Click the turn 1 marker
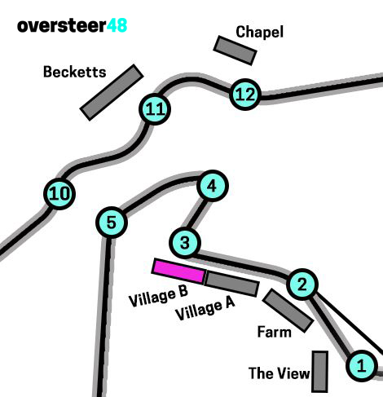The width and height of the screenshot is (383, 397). [361, 365]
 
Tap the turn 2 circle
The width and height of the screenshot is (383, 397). [302, 285]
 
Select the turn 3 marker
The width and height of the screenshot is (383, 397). [185, 242]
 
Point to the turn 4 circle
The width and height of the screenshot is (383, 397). [212, 186]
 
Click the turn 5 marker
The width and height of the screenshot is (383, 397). [112, 222]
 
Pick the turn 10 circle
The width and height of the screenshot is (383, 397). [59, 194]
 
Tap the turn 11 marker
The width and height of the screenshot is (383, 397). [155, 109]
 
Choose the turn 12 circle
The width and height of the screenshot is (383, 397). [245, 95]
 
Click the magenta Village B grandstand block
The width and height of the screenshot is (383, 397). [178, 271]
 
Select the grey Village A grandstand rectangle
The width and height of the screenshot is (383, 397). [231, 284]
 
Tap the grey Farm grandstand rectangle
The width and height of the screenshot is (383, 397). [288, 311]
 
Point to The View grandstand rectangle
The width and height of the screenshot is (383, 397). [319, 372]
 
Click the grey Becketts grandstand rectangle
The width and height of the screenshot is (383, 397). [112, 92]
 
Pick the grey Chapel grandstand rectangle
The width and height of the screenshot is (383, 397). [235, 51]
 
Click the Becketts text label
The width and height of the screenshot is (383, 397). [75, 72]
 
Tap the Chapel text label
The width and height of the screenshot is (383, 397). [259, 32]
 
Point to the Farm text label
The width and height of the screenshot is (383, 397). [275, 332]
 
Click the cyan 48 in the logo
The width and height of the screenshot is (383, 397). [117, 25]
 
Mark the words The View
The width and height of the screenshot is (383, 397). [279, 373]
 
